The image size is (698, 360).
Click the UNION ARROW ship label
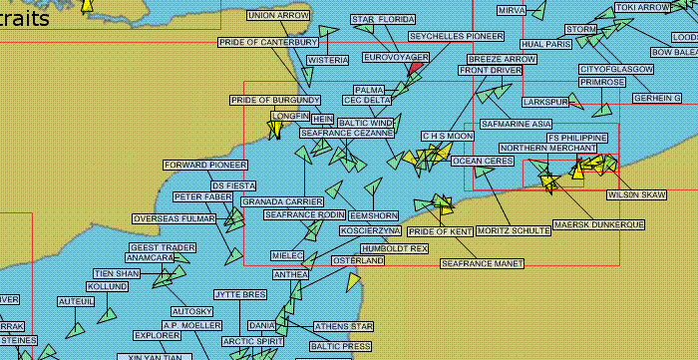(279, 16)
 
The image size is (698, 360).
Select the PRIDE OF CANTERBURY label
(269, 42)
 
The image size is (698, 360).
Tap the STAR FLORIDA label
(383, 20)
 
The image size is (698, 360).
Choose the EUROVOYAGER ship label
(396, 58)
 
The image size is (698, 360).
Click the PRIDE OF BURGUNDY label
(275, 101)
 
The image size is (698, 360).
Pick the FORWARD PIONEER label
(205, 165)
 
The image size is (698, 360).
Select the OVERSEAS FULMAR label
(174, 218)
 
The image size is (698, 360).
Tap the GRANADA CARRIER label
(283, 201)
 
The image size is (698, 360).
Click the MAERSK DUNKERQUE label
(597, 224)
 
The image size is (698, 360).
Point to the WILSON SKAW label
(636, 194)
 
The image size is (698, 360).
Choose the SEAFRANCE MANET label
(483, 264)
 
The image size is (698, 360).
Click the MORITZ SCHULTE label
(514, 231)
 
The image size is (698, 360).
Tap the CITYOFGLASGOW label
(616, 70)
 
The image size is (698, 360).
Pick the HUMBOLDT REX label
(394, 247)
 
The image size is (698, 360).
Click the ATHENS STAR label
(343, 326)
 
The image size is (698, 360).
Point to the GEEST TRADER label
(163, 247)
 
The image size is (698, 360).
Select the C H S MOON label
(447, 136)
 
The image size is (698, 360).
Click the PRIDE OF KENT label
(441, 231)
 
